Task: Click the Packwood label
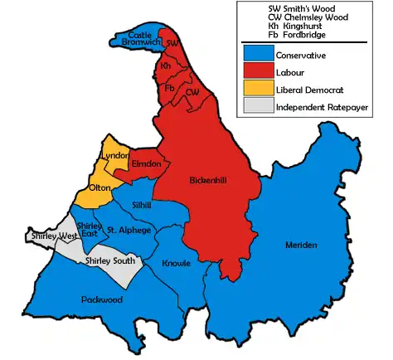coord(101,299)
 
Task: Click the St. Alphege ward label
coord(128,230)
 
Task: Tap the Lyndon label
coord(113,156)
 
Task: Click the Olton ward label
coord(100,188)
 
